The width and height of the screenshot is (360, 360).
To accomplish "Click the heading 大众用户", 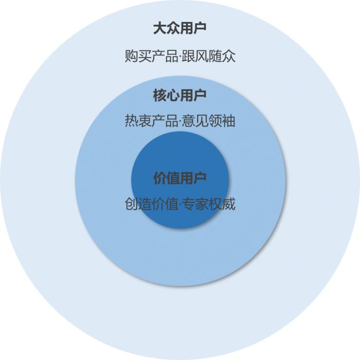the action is tap(180, 28).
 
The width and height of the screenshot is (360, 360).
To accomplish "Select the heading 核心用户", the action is tap(180, 95).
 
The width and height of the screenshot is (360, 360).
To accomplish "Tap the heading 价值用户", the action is tap(180, 178).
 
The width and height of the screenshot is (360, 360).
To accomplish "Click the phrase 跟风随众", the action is tap(209, 56).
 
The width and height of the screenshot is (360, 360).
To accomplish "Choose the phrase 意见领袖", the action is tap(209, 121).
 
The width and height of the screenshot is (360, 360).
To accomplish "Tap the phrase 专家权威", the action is tap(209, 204).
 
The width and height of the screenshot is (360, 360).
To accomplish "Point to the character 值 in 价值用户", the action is tap(173, 178).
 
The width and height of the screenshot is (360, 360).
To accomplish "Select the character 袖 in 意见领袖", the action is tap(229, 121).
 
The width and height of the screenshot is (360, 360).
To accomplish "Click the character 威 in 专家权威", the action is tap(229, 204).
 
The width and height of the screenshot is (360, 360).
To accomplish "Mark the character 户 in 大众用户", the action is tap(199, 28).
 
